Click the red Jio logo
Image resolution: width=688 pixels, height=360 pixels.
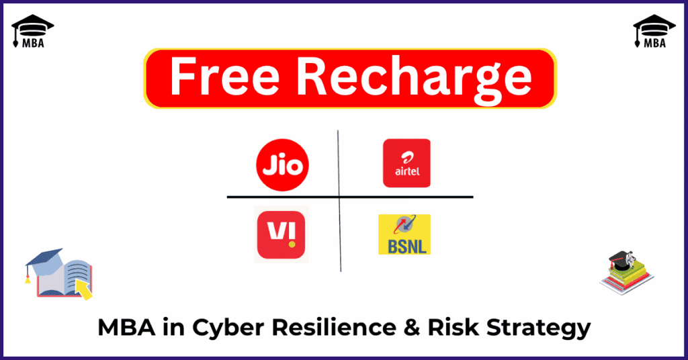[282, 165]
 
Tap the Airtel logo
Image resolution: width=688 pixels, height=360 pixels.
[406, 163]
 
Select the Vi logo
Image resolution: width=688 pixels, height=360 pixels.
[281, 234]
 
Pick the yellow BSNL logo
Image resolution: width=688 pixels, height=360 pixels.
[404, 234]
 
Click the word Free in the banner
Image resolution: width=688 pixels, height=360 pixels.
[224, 77]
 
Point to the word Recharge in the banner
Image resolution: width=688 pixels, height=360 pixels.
[414, 80]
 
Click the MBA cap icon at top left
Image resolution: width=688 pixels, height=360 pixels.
[32, 31]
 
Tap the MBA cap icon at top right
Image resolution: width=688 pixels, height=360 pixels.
[654, 31]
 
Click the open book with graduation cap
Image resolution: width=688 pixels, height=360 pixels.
[59, 273]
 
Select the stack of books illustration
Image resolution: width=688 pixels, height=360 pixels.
[627, 272]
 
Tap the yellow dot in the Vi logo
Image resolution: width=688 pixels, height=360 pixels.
[292, 244]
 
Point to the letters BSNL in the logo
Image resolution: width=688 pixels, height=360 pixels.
[407, 246]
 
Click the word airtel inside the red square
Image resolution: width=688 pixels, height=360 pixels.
[406, 171]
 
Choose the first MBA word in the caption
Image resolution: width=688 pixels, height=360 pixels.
[126, 327]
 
